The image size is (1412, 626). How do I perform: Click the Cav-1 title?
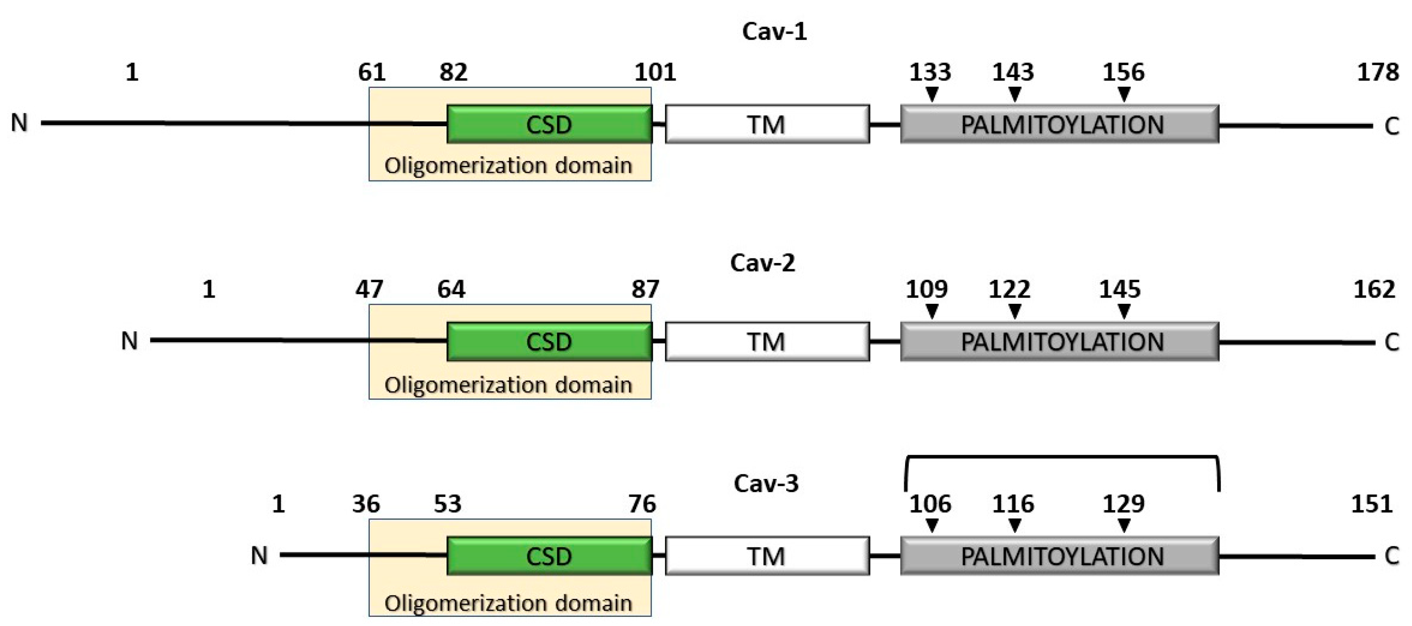pyautogui.click(x=774, y=31)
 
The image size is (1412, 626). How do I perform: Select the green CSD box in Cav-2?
pyautogui.click(x=549, y=341)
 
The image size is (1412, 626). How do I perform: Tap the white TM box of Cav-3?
pyautogui.click(x=767, y=556)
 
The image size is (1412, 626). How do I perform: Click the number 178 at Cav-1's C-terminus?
pyautogui.click(x=1377, y=73)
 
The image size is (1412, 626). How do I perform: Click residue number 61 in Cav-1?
pyautogui.click(x=371, y=73)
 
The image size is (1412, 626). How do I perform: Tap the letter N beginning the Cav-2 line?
pyautogui.click(x=129, y=341)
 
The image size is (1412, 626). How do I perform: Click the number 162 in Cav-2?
pyautogui.click(x=1374, y=289)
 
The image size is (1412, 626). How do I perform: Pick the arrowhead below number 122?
pyautogui.click(x=1015, y=312)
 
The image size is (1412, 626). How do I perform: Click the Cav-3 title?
pyautogui.click(x=766, y=483)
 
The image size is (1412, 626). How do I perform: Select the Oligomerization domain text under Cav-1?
pyautogui.click(x=508, y=165)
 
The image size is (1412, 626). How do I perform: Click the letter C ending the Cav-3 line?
pyautogui.click(x=1392, y=556)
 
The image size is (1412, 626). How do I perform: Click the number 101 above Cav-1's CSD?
pyautogui.click(x=655, y=73)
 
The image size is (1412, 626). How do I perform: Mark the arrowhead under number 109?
pyautogui.click(x=931, y=312)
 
